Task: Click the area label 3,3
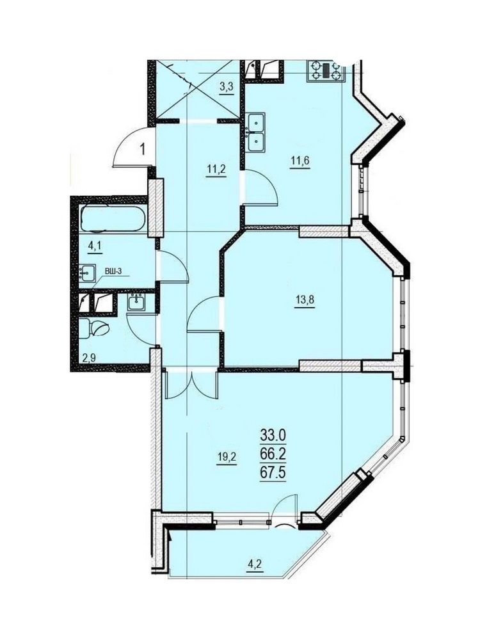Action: point(227,87)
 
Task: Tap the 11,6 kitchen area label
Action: point(300,160)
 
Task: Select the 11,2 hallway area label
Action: point(216,168)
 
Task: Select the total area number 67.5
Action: point(273,474)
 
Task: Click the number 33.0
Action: point(273,436)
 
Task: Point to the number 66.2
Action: point(273,455)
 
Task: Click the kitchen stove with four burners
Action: point(325,70)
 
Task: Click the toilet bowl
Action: point(95,328)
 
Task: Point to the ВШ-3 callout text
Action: point(113,270)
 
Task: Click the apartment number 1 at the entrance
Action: point(143,149)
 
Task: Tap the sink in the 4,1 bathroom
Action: point(87,273)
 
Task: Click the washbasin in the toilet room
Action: point(136,303)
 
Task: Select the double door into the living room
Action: point(191,385)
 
